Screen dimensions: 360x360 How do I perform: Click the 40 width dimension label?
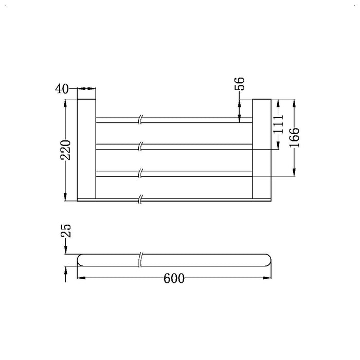click(x=62, y=89)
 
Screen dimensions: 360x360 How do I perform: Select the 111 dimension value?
click(x=278, y=124)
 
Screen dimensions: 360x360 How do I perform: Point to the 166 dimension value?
click(x=295, y=137)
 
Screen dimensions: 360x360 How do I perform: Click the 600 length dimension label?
click(x=174, y=279)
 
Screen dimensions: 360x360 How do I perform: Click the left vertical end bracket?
click(x=86, y=147)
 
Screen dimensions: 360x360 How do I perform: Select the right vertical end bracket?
click(x=262, y=147)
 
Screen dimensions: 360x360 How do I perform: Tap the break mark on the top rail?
click(x=140, y=120)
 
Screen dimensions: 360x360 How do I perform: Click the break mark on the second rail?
click(x=140, y=147)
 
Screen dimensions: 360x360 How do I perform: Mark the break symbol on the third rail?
click(x=140, y=174)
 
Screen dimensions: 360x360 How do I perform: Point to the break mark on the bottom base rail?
click(x=140, y=197)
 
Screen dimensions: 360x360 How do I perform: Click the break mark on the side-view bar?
click(x=140, y=260)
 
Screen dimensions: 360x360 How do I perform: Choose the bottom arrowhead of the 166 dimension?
click(x=295, y=173)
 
